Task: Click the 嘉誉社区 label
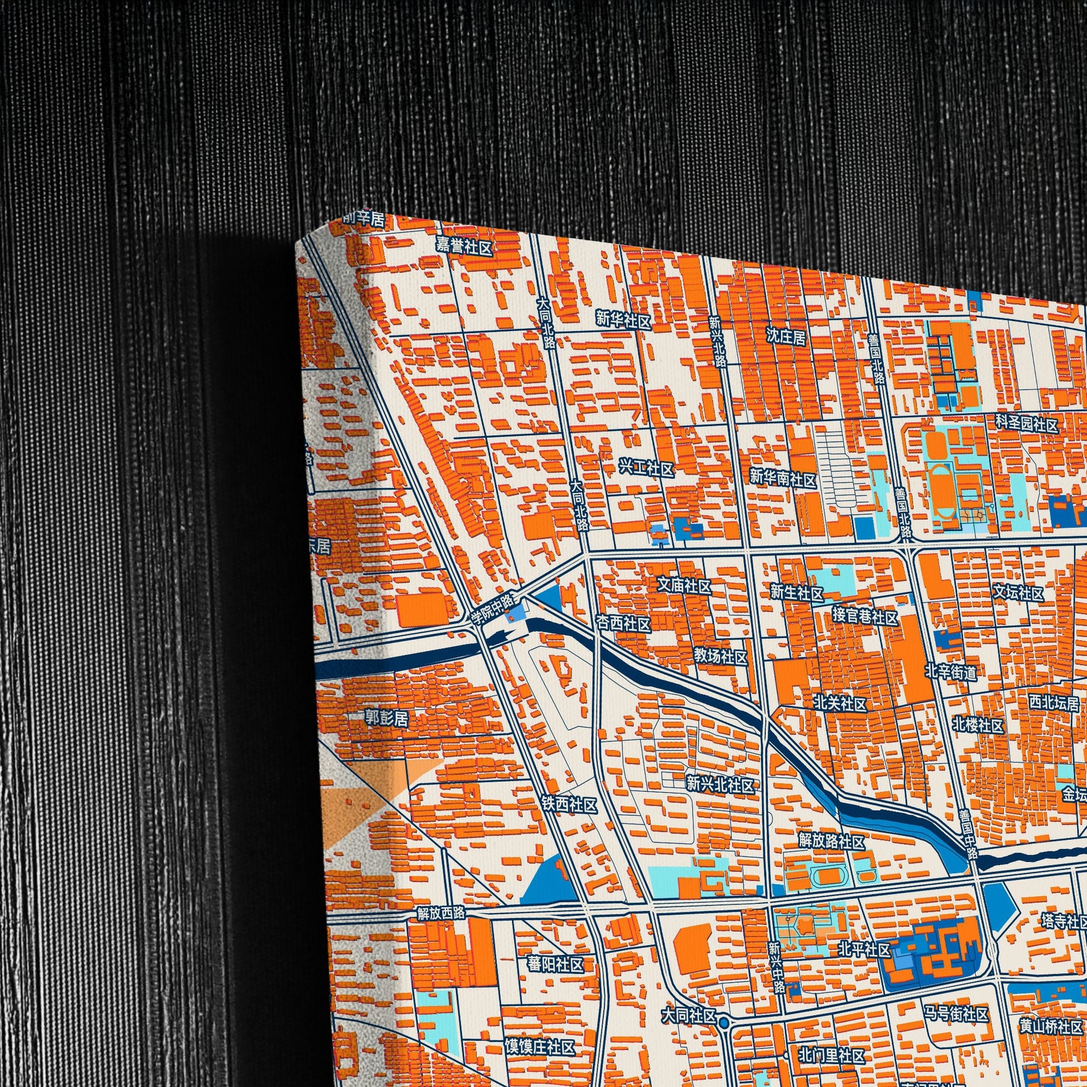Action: tap(465, 246)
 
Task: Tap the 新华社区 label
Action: tap(623, 321)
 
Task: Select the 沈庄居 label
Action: tap(785, 336)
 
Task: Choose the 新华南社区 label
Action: tap(783, 479)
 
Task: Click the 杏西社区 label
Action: tap(623, 624)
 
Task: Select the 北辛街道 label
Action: tap(951, 671)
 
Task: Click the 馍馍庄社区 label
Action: tap(540, 1032)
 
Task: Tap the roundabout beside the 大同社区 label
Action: tap(724, 1005)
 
